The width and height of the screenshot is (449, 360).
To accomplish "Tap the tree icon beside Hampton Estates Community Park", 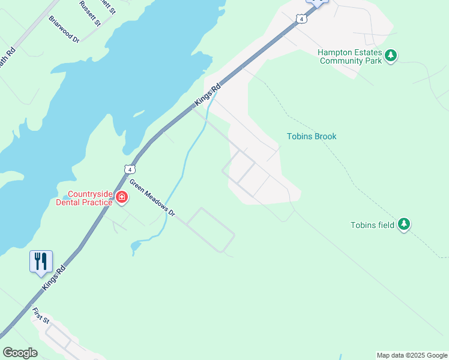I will click(x=391, y=56).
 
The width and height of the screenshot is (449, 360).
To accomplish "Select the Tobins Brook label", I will click(x=312, y=136).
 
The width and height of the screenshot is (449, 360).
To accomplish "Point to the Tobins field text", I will click(x=372, y=225).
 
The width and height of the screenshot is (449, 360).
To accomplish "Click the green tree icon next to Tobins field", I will click(x=404, y=224).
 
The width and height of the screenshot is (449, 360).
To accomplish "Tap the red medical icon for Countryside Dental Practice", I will click(x=121, y=197).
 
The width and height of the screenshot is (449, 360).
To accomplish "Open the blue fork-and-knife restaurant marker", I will click(x=41, y=262).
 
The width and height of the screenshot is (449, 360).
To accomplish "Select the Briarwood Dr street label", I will click(x=64, y=29).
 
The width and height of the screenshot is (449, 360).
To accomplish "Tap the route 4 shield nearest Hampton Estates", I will click(x=301, y=19).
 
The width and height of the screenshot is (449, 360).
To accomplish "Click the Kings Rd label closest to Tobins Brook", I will click(x=208, y=95).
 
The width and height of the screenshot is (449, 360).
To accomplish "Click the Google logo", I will click(x=20, y=353).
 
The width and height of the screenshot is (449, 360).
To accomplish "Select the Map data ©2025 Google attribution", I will click(x=412, y=355).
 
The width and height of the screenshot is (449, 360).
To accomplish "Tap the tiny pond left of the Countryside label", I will click(x=64, y=197).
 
